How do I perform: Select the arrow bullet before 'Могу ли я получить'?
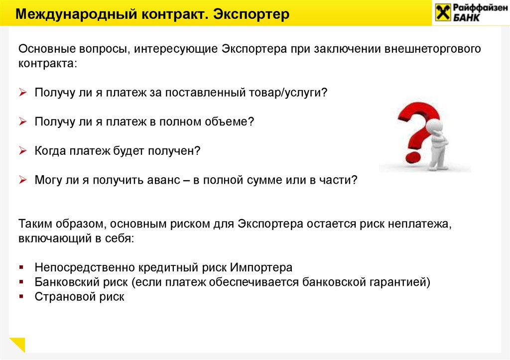click(x=22, y=180)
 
